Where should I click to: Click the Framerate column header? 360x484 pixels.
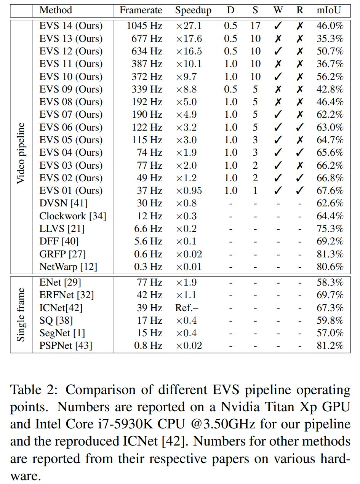[141, 10]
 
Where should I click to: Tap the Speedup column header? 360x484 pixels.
[193, 10]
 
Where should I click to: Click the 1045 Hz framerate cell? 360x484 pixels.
[145, 26]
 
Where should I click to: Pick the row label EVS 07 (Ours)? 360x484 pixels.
[71, 115]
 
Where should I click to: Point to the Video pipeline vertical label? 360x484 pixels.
[21, 153]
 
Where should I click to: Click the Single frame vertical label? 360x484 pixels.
[21, 315]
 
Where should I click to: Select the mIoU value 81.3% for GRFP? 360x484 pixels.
[330, 254]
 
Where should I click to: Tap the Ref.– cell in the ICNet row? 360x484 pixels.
[187, 308]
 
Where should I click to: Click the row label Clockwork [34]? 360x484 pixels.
[72, 216]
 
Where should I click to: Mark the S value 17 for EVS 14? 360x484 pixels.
[255, 26]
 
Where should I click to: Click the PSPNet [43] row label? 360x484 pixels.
[66, 346]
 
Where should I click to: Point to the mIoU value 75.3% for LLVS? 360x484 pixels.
[330, 229]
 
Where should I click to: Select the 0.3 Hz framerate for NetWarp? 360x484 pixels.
[148, 267]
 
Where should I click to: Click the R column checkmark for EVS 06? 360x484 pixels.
[300, 127]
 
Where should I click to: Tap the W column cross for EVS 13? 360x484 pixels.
[278, 39]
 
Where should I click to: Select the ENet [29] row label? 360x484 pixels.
[60, 283]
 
